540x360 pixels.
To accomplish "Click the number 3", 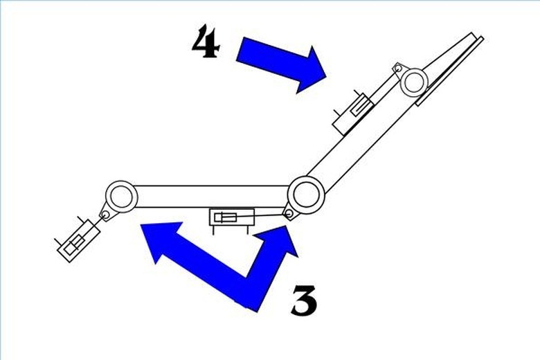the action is pos(304,300).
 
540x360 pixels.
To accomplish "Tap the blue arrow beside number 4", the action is pos(282,64).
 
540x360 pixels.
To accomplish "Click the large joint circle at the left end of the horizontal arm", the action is pos(121,197).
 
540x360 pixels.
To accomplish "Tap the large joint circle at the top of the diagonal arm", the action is pos(414,82).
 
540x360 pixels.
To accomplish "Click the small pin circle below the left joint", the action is pos(106,215).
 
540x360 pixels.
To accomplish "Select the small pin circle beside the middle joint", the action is pos(289,214).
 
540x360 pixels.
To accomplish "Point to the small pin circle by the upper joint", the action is pos(398,68).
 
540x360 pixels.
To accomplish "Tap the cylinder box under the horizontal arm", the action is pos(232,217).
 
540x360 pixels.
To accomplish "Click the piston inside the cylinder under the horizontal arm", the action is pos(225,217).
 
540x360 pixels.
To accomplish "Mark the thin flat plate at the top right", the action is pos(450,71).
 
